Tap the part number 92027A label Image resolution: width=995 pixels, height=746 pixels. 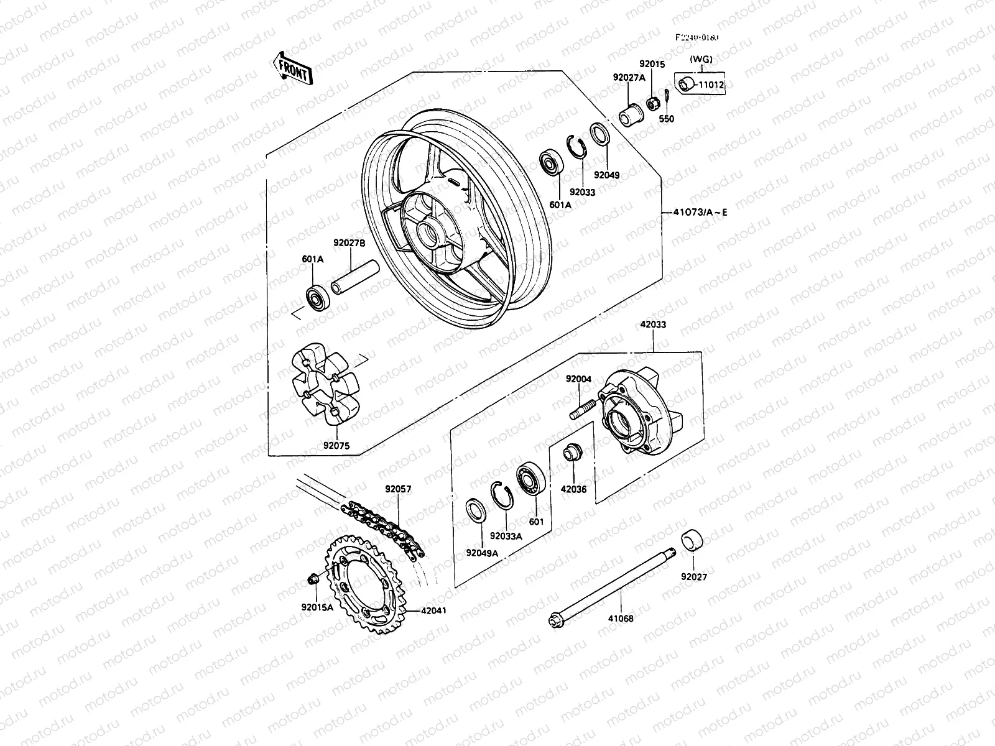pos(629,78)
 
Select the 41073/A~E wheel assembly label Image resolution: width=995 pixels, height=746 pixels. pos(699,213)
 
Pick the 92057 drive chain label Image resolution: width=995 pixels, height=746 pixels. pos(398,490)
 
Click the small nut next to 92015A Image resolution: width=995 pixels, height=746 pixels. pos(313,580)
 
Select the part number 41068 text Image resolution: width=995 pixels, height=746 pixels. pos(621,619)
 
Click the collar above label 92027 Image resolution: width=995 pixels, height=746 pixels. pos(694,540)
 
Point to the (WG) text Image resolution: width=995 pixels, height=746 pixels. pos(701,60)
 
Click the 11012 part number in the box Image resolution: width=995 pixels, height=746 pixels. pos(711,85)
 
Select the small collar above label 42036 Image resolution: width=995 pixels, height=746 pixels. pos(572,451)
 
